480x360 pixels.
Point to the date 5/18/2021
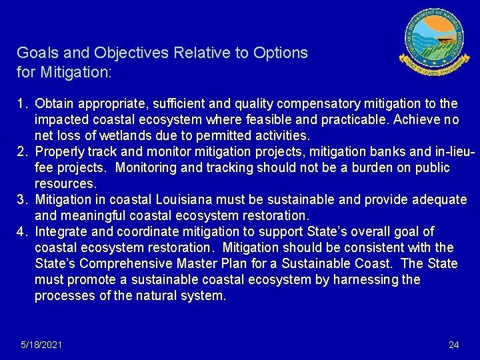coord(42,345)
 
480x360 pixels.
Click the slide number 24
coord(454,345)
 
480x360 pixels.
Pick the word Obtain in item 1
coord(55,103)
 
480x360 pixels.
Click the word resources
coord(65,183)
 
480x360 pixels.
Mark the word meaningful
coord(86,215)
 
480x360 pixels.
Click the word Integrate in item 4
coord(61,231)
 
